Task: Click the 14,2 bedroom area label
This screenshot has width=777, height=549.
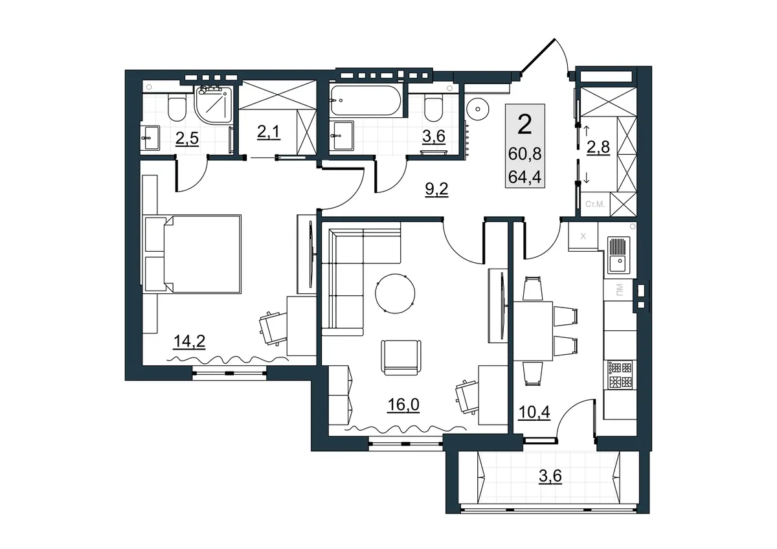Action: [x=189, y=342]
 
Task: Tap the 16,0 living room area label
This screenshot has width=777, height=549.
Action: [x=403, y=405]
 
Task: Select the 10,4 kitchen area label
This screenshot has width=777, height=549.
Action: [x=534, y=412]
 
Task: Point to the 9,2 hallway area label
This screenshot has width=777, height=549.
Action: [x=436, y=189]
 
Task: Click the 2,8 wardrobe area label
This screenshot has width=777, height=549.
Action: [x=598, y=148]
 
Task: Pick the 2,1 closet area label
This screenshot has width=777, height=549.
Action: [x=269, y=132]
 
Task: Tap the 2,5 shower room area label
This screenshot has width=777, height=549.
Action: [x=187, y=139]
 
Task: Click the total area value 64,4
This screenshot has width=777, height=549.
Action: [x=525, y=177]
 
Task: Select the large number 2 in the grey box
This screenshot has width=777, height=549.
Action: [x=524, y=125]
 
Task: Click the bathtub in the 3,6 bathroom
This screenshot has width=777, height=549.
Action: [x=366, y=100]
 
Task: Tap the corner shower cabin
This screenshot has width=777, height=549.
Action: [x=214, y=104]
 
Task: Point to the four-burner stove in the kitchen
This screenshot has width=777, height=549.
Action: [x=620, y=375]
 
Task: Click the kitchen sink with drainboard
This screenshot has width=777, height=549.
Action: [x=619, y=255]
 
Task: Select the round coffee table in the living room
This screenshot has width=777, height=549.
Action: [x=395, y=293]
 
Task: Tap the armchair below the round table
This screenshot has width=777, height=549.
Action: [x=401, y=357]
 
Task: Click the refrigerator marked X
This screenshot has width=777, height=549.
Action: [x=583, y=236]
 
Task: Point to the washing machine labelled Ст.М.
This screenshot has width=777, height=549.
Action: [x=595, y=205]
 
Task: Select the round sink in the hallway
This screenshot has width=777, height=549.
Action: [x=478, y=109]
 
